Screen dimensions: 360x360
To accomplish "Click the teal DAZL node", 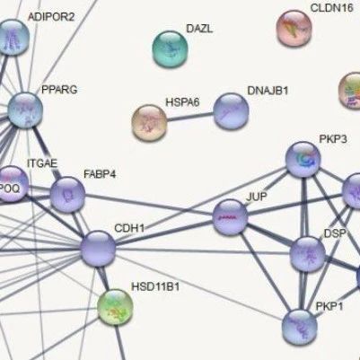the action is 170,48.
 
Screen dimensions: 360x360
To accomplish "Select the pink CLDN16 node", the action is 294,29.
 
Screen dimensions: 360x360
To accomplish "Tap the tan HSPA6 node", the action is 149,123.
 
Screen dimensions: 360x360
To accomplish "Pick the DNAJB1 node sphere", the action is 231,111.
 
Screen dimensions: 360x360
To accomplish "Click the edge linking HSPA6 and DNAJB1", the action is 190,117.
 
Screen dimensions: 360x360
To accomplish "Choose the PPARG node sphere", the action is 25,110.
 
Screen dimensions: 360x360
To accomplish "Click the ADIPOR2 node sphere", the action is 12,38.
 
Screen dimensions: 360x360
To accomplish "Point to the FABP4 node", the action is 67,195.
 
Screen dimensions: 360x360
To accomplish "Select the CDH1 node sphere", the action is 98,249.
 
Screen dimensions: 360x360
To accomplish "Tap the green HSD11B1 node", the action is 115,307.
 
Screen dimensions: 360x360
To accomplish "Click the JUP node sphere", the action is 230,217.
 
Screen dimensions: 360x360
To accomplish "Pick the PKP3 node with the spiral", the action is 303,160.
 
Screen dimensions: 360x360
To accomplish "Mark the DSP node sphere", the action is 308,254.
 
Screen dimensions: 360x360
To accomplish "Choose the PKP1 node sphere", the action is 300,327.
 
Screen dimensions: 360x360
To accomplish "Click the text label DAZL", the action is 199,29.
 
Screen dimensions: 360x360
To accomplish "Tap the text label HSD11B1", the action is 155,287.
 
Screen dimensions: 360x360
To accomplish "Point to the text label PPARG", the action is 59,90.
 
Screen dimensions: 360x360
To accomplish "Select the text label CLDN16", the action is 332,8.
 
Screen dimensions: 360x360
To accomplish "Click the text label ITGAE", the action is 42,163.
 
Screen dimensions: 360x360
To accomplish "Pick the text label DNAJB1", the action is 268,91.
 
